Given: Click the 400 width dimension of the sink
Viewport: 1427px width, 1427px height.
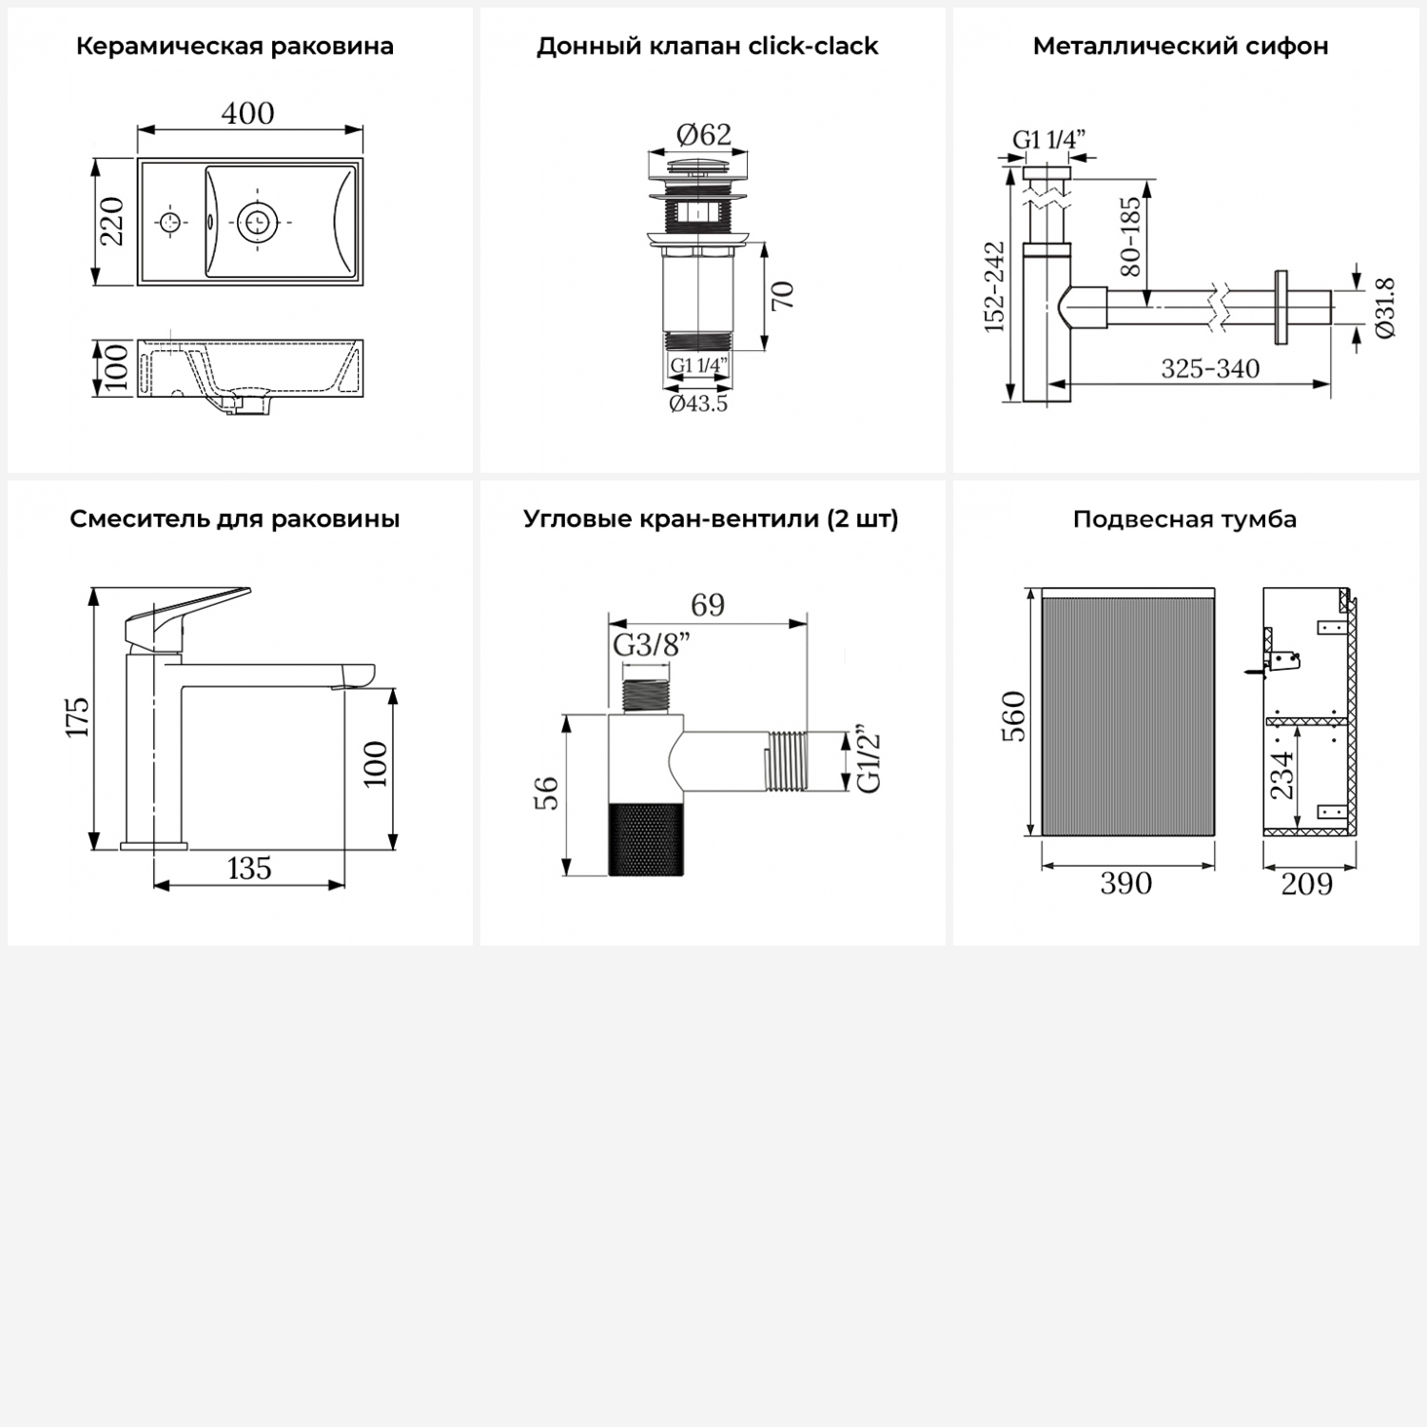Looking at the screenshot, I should click(x=248, y=113).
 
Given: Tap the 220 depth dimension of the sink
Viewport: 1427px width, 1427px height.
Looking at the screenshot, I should click(x=113, y=222).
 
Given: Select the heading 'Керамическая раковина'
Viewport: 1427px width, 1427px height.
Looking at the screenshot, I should click(x=235, y=47).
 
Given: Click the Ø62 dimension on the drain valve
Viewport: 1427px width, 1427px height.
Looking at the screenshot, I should click(x=704, y=134).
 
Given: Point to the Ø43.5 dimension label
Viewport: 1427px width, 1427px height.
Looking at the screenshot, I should click(x=698, y=403).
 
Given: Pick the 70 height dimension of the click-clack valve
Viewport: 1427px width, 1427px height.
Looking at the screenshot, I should click(x=782, y=296).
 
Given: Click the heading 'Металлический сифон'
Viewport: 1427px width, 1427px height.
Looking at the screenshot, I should click(x=1181, y=47).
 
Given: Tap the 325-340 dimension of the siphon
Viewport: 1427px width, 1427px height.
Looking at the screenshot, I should click(x=1210, y=368).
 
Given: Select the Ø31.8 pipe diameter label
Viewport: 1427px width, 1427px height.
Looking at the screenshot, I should click(x=1385, y=307).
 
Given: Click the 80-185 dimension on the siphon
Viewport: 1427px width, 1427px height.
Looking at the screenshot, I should click(x=1130, y=237).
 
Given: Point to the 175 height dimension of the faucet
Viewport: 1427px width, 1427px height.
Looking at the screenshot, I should click(x=77, y=717).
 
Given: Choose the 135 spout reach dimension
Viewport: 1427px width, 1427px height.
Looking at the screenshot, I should click(x=249, y=869).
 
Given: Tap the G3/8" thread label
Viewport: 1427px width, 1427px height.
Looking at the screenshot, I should click(x=652, y=645).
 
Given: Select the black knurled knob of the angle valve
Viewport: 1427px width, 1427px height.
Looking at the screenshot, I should click(x=645, y=838).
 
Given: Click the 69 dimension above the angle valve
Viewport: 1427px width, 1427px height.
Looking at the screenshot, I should click(x=708, y=605).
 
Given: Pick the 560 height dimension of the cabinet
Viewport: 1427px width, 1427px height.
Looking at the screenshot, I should click(x=1014, y=716).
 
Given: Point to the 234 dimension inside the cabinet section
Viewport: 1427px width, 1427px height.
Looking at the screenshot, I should click(x=1282, y=775).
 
